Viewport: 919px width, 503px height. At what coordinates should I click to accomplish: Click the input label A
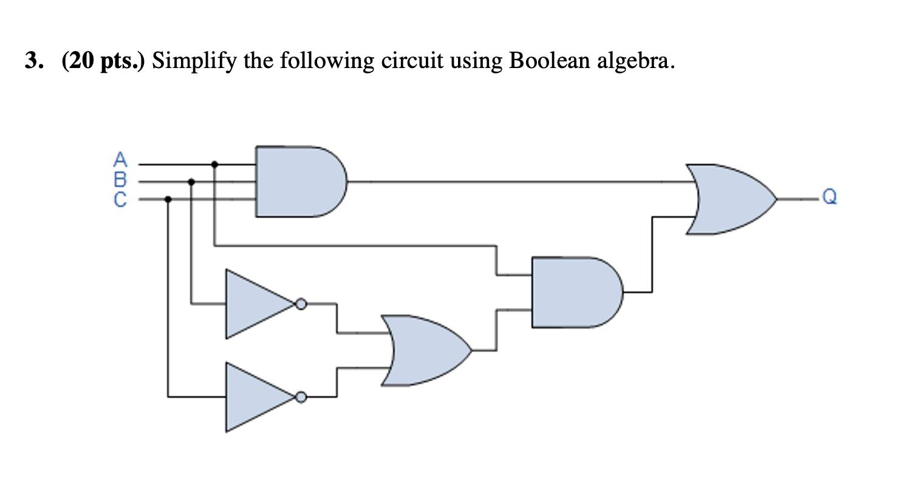pos(121,160)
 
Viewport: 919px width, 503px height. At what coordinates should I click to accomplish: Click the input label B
pos(121,179)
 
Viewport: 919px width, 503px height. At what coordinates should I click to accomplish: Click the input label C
pos(121,199)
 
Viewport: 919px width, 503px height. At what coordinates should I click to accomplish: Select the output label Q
pos(829,198)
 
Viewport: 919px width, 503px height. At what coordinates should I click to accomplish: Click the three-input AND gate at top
pos(298,181)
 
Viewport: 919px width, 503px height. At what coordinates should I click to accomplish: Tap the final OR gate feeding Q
pos(729,199)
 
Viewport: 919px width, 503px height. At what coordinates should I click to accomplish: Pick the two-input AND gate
pos(574,292)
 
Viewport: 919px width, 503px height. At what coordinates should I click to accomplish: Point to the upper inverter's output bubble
pos(301,304)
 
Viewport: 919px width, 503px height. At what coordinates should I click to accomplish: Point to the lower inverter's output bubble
pos(301,397)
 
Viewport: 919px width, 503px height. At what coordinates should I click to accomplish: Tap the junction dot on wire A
pos(214,163)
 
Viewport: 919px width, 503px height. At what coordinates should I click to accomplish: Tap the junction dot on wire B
pos(191,181)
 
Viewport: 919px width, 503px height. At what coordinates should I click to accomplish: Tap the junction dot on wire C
pos(168,199)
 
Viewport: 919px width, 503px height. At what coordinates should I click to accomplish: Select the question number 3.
pos(34,61)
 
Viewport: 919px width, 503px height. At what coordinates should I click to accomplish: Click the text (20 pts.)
pos(103,61)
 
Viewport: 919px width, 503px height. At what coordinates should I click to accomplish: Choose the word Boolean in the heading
pos(549,61)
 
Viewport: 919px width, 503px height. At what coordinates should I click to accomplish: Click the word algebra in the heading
pos(634,61)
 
